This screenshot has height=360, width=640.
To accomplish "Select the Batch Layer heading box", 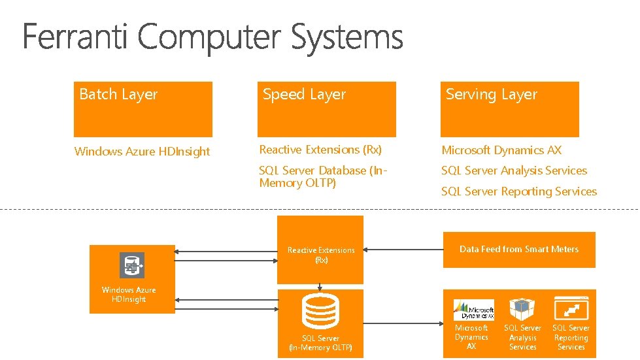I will click(143, 108).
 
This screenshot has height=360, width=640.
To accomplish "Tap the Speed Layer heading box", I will click(326, 108).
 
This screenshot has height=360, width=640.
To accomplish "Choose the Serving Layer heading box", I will click(509, 108).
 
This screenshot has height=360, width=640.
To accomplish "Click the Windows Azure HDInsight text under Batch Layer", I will click(142, 152).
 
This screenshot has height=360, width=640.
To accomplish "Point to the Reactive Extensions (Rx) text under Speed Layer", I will click(320, 150).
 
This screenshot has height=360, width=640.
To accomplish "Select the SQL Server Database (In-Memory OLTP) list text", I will click(323, 176).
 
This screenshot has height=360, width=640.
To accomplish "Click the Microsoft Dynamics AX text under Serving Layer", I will click(501, 150).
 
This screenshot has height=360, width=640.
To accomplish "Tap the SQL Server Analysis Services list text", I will click(514, 171).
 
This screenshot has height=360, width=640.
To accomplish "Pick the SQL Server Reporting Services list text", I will click(519, 191).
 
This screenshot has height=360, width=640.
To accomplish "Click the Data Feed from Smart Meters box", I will click(519, 250).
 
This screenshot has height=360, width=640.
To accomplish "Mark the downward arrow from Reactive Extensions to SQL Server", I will click(320, 286).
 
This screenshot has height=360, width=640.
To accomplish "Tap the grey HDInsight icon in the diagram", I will click(132, 265).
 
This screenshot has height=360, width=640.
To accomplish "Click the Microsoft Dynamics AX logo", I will click(473, 310).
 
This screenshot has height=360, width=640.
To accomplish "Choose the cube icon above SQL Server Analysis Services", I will click(522, 309).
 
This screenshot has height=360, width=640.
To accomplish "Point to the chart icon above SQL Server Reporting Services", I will click(571, 308).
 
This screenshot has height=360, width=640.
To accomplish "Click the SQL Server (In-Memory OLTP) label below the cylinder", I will click(320, 343).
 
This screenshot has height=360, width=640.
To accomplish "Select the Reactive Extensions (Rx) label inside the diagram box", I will click(321, 255).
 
